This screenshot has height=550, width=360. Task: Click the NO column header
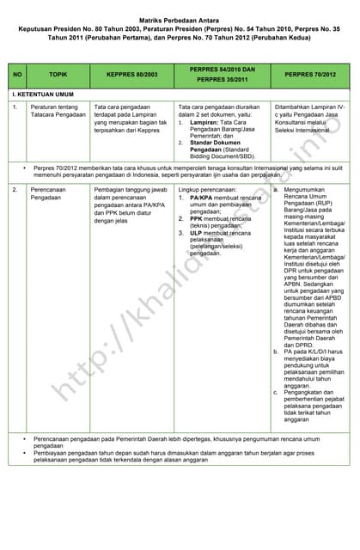click(17, 75)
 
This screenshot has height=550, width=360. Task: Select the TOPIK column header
click(58, 75)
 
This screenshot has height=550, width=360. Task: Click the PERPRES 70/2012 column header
click(310, 75)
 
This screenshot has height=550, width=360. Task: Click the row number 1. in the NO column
click(15, 107)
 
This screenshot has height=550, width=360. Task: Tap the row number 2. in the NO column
click(15, 188)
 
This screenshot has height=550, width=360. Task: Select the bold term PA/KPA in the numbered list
click(204, 197)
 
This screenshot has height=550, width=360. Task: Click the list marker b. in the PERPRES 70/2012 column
click(276, 351)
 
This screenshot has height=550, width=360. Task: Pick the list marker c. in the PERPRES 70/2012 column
click(276, 393)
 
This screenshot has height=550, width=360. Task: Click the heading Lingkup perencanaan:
click(207, 188)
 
